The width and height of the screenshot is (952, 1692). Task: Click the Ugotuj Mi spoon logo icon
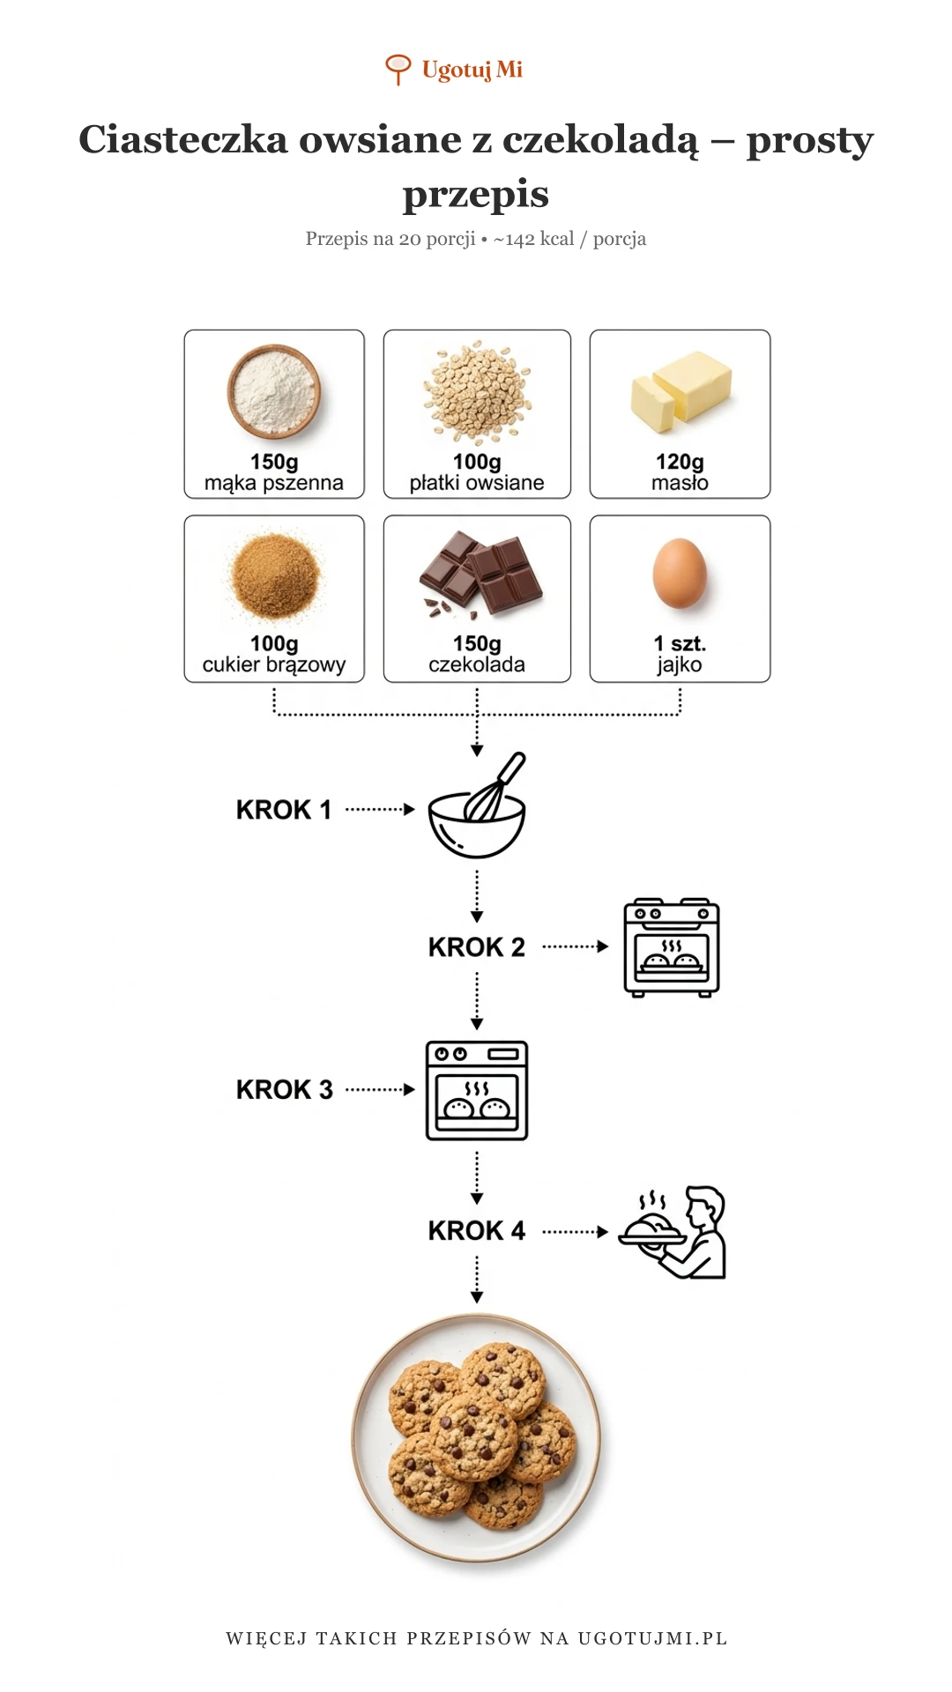point(398,70)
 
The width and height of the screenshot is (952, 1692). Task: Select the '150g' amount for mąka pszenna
point(274,462)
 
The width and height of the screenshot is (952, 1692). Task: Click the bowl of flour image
point(274,390)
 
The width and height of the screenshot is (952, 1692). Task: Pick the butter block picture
point(681,391)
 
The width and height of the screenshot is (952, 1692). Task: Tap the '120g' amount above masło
point(680,462)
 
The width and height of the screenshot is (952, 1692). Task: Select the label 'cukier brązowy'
point(274,664)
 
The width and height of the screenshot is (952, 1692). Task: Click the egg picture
point(680,573)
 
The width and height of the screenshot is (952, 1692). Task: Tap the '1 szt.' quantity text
point(680,643)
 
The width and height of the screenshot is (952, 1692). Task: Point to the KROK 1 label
point(284,810)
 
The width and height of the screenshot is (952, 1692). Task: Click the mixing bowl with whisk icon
point(477,805)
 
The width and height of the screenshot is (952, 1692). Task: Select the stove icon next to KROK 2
point(672,947)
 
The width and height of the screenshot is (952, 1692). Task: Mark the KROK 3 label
point(285,1090)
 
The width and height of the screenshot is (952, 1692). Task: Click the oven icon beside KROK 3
point(477,1090)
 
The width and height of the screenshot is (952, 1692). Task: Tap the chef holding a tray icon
point(673,1232)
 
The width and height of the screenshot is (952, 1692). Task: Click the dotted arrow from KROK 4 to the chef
point(575,1232)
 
